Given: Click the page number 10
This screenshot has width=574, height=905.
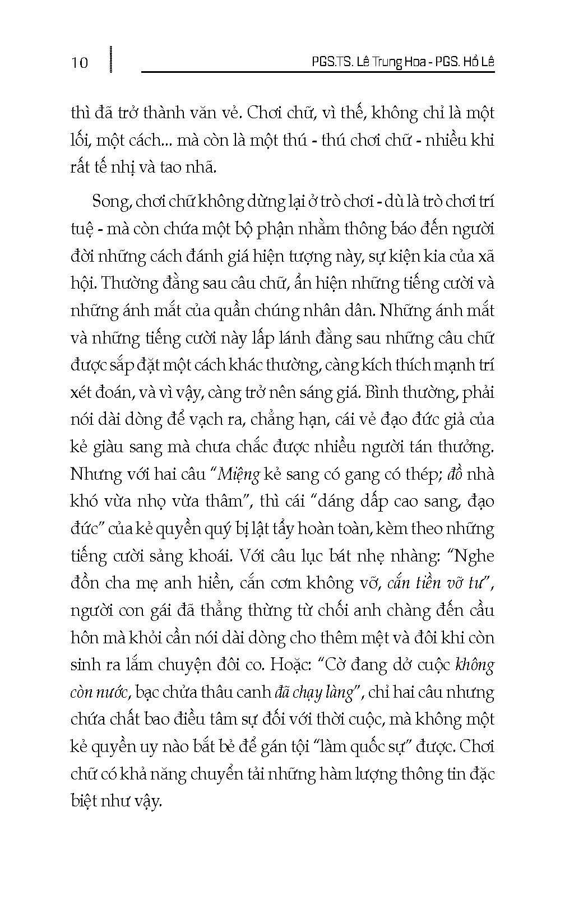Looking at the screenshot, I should click(80, 62).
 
